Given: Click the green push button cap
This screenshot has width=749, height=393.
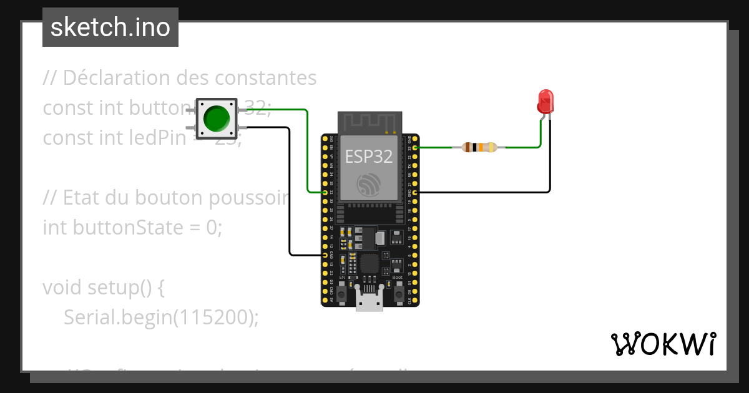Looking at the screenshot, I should (217, 118).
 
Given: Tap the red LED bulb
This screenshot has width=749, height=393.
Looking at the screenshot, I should (546, 101).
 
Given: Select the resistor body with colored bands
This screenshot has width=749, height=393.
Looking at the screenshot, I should (479, 148).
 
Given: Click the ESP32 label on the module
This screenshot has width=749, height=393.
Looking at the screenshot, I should (369, 157).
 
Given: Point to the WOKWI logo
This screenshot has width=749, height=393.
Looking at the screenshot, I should (663, 344).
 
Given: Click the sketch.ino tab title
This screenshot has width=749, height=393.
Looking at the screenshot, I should (110, 27).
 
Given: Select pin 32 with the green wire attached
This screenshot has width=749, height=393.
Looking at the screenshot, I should (325, 193).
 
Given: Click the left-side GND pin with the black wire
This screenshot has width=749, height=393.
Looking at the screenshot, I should (325, 255).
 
